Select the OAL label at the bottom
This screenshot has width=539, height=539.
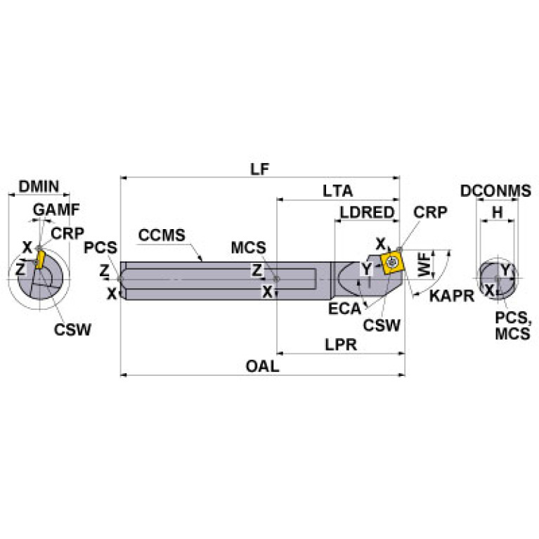point(263,366)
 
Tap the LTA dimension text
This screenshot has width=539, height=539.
point(337,191)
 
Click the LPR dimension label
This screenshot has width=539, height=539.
point(339,345)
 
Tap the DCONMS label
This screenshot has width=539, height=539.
point(495,191)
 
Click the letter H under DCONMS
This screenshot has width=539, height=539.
point(497,212)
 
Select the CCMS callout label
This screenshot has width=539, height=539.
point(162,234)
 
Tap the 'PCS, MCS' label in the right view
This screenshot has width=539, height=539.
point(512,327)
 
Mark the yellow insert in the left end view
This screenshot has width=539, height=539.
point(40,259)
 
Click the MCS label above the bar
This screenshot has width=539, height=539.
point(249,248)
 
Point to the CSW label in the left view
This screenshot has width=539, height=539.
point(74,328)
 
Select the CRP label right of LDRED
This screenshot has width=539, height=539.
point(429,212)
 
